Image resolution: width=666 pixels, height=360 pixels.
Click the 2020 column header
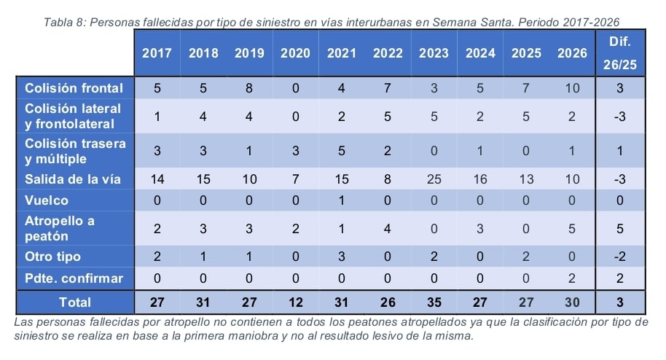pyautogui.click(x=295, y=52)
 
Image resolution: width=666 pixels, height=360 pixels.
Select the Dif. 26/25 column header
pyautogui.click(x=619, y=52)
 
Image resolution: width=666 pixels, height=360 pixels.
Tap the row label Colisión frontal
pyautogui.click(x=74, y=88)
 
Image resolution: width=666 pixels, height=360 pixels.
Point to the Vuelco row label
pyautogui.click(x=47, y=200)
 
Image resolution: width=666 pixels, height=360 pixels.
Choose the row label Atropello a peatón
pyautogui.click(x=60, y=228)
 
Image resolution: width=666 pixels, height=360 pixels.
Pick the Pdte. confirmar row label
pyautogui.click(x=74, y=278)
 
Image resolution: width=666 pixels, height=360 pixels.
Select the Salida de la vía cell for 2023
pyautogui.click(x=434, y=179)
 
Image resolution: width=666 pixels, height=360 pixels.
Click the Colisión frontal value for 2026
pyautogui.click(x=572, y=88)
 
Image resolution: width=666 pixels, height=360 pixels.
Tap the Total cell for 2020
pyautogui.click(x=295, y=302)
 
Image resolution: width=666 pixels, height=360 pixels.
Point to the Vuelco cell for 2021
pyautogui.click(x=341, y=200)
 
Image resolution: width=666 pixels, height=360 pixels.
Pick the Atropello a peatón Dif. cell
pyautogui.click(x=619, y=228)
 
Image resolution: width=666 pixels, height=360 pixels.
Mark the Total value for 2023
pyautogui.click(x=434, y=302)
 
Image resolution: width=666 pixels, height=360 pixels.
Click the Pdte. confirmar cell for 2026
pyautogui.click(x=572, y=278)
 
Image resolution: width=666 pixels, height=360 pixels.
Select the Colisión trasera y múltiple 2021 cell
pyautogui.click(x=341, y=152)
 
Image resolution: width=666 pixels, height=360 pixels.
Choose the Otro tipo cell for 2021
pyautogui.click(x=341, y=257)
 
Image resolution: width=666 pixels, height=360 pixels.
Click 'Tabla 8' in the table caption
pyautogui.click(x=64, y=22)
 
